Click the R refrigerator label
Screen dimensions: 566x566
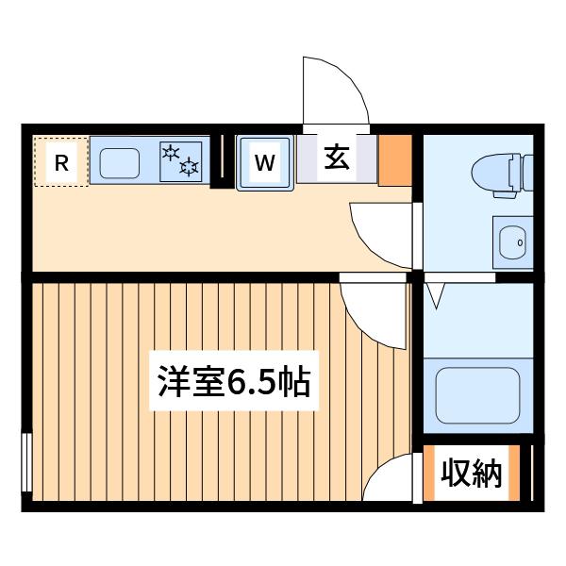click(x=61, y=163)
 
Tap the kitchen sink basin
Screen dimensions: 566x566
click(x=120, y=163)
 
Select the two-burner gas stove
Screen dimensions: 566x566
click(x=181, y=161)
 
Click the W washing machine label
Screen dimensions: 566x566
click(x=264, y=162)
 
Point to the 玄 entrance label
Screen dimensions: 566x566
click(x=337, y=158)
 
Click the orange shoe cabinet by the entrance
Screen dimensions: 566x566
click(x=395, y=160)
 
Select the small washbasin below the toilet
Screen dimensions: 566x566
click(x=512, y=242)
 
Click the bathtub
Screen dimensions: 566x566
click(x=478, y=395)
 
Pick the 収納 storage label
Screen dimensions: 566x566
click(x=472, y=474)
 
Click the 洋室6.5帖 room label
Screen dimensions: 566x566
click(x=234, y=381)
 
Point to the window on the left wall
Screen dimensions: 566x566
click(x=26, y=462)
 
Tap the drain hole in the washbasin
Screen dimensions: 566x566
click(x=520, y=242)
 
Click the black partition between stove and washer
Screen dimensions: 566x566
click(x=222, y=161)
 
